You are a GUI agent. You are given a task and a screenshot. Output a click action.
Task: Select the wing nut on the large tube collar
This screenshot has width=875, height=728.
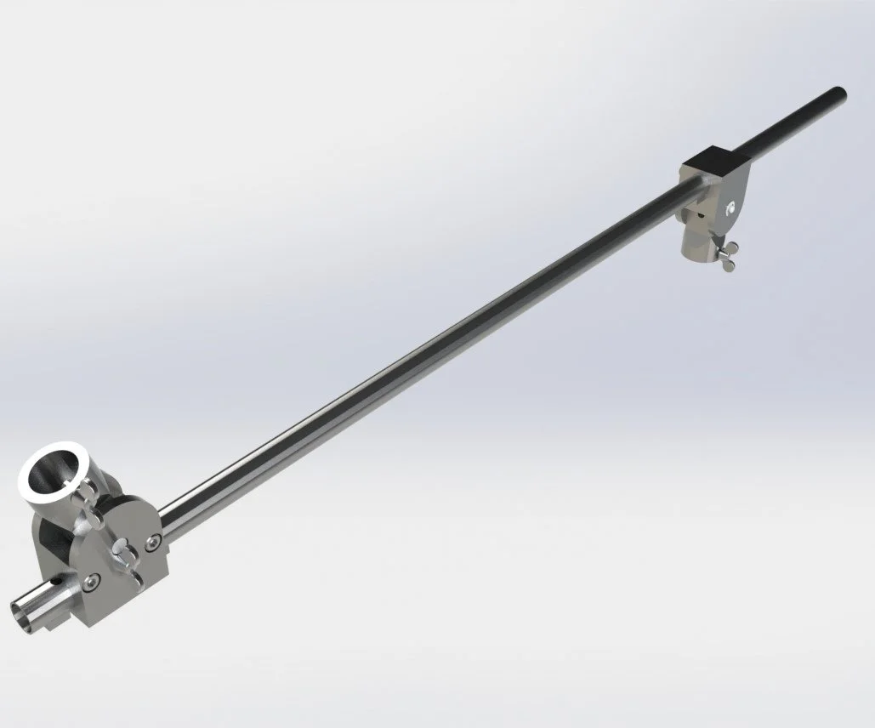pyautogui.click(x=88, y=492)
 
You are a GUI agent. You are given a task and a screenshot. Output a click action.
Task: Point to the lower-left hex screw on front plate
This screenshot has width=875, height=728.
pyautogui.click(x=91, y=581)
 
